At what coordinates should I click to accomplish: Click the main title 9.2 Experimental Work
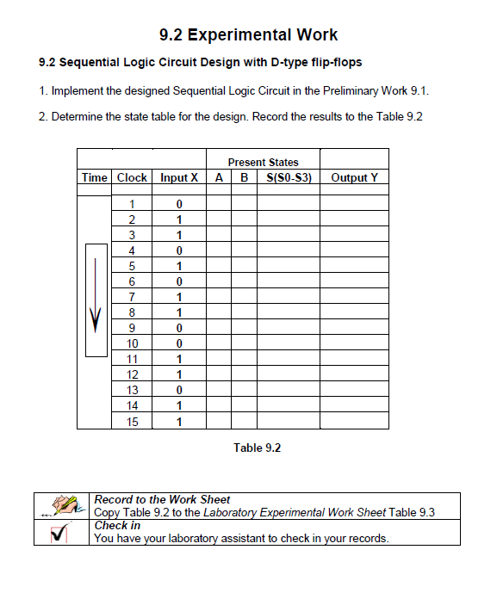click(x=248, y=35)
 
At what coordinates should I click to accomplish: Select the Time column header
click(x=94, y=177)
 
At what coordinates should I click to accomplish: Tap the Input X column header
click(x=179, y=177)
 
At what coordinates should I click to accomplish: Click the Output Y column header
click(x=354, y=177)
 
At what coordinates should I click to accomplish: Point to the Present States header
click(x=263, y=162)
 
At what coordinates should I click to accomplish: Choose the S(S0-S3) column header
click(x=289, y=177)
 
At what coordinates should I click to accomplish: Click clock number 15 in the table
click(x=132, y=422)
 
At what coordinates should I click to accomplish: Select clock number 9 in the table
click(x=132, y=328)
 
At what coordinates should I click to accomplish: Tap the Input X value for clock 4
click(x=179, y=250)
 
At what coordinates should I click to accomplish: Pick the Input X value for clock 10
click(x=179, y=343)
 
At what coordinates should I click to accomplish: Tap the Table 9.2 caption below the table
click(x=258, y=448)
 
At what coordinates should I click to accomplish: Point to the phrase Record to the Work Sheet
click(x=161, y=499)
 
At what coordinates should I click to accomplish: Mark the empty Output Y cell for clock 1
click(x=354, y=204)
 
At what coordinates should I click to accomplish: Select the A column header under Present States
click(x=219, y=177)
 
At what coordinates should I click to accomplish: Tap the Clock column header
click(x=132, y=177)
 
